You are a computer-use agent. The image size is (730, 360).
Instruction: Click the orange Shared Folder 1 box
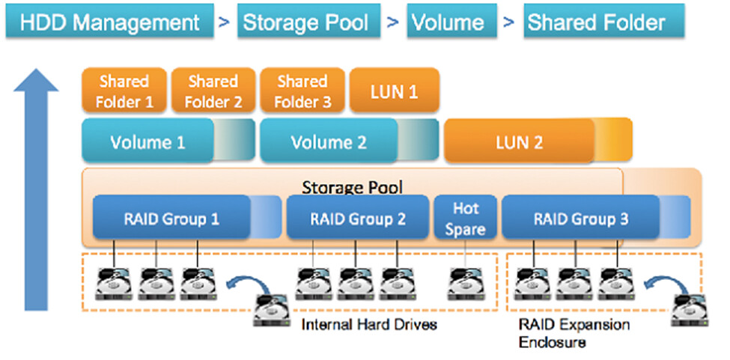coord(125,91)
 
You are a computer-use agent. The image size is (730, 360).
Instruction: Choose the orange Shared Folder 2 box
coord(213,91)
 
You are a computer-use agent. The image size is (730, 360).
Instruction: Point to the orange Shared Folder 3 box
coord(302,91)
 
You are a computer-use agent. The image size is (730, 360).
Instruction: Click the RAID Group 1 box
coord(171,219)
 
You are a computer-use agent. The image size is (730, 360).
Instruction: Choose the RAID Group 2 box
coord(357,219)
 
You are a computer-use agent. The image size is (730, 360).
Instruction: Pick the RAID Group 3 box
coord(580,219)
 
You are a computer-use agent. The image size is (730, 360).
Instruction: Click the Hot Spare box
coord(464,219)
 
